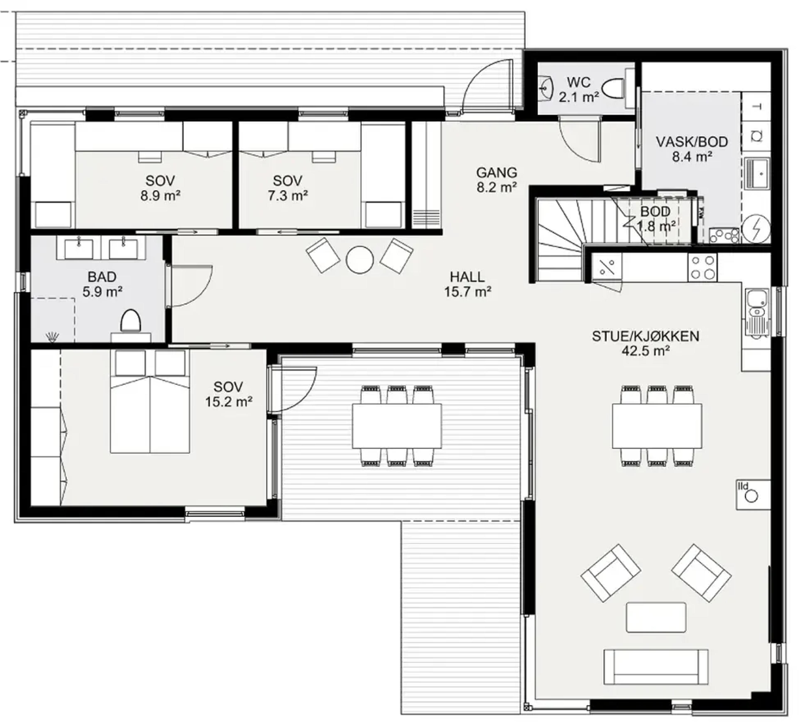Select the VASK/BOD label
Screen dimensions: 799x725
(x=692, y=142)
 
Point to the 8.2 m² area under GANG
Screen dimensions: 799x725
(x=497, y=187)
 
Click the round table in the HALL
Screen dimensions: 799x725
(x=360, y=260)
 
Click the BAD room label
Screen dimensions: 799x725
(x=102, y=277)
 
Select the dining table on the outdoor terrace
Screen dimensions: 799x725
(x=397, y=426)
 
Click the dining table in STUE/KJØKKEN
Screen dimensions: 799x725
(x=657, y=426)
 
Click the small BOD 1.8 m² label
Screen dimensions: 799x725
(x=656, y=219)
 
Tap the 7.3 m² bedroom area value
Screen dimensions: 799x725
(x=288, y=196)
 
